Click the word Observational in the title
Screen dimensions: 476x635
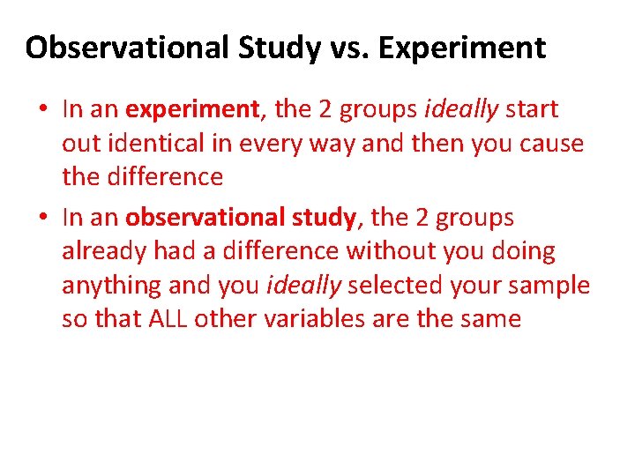127,48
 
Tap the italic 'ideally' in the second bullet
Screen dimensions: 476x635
303,286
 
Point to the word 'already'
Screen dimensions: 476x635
103,252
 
